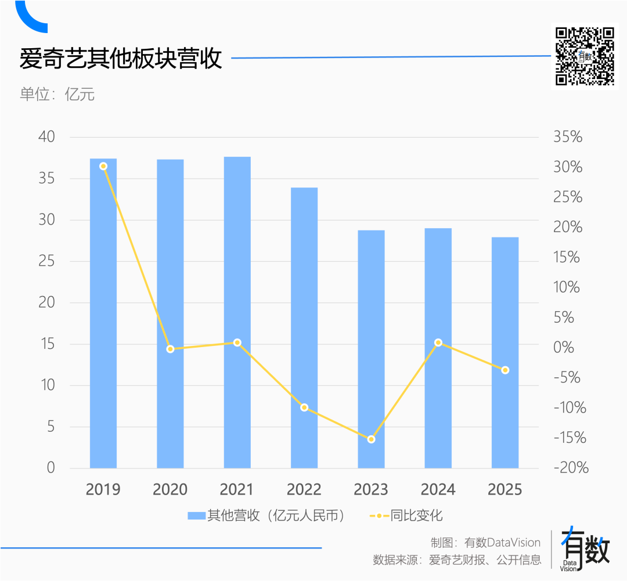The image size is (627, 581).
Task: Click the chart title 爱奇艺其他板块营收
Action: tap(121, 59)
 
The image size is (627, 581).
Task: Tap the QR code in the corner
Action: tap(585, 56)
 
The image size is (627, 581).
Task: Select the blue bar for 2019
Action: tap(103, 313)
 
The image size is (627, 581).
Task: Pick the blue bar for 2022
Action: tap(304, 328)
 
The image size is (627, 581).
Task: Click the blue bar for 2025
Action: tap(505, 353)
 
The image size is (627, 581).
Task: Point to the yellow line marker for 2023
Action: tap(372, 439)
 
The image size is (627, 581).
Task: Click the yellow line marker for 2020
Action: tap(170, 349)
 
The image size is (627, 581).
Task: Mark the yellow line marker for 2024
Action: tap(438, 342)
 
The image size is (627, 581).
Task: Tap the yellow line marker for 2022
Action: tap(304, 407)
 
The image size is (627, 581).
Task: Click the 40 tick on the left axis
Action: tap(46, 137)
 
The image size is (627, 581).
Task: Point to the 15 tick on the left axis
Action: tap(46, 344)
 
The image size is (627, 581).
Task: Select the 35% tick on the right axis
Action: tap(567, 138)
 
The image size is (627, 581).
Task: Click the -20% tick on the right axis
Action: tap(571, 468)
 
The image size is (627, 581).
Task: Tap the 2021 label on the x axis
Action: tap(237, 490)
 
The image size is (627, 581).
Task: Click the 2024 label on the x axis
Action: tap(438, 490)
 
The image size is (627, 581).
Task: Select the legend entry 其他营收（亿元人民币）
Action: tap(267, 515)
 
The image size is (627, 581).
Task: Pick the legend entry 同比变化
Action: tap(406, 515)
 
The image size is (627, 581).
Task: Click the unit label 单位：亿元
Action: tap(57, 94)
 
